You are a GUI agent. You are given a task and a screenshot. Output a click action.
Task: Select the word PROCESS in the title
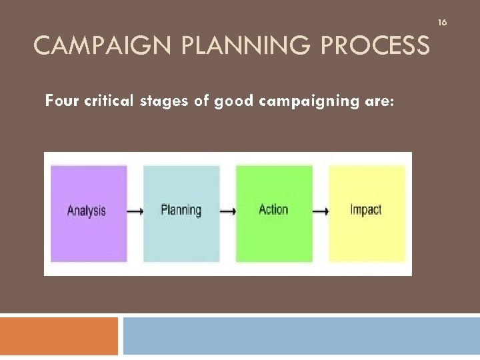[x=377, y=46]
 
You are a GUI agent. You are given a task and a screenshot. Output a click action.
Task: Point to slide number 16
[x=441, y=23]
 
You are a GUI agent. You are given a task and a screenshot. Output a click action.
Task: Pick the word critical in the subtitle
[x=113, y=101]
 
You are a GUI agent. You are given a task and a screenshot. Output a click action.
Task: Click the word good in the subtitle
[x=235, y=101]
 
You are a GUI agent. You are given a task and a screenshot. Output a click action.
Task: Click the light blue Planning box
[x=181, y=213]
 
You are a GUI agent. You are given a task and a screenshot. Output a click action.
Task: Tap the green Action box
[x=274, y=213]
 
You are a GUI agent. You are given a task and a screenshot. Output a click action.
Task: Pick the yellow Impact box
[x=367, y=213]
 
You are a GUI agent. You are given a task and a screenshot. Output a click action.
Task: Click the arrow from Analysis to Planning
[x=135, y=211]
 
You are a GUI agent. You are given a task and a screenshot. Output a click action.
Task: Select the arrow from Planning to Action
[x=228, y=211]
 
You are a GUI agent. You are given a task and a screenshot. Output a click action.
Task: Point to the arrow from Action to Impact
[x=321, y=211]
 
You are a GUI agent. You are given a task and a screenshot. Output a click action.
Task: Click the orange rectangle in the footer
[x=59, y=336]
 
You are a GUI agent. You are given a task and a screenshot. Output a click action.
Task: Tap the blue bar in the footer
[x=301, y=336]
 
